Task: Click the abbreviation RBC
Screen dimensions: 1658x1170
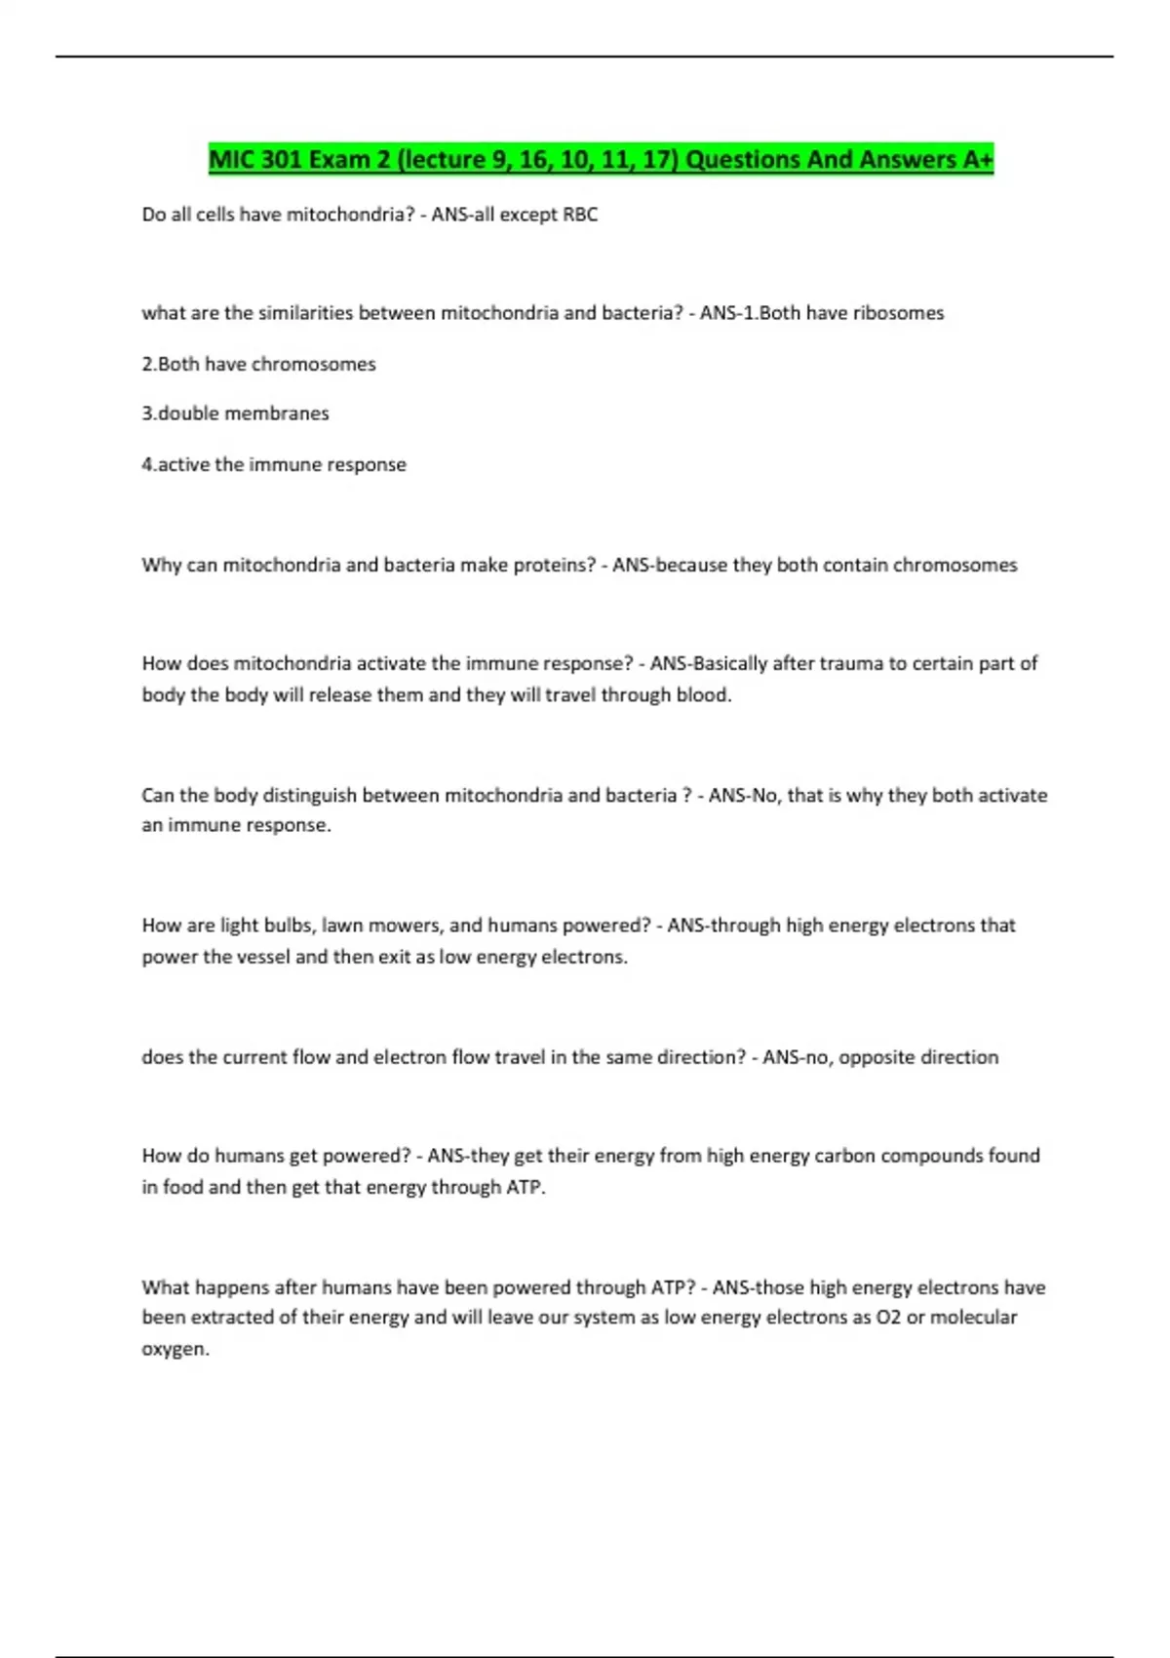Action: [580, 215]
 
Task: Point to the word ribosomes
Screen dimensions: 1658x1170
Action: [898, 313]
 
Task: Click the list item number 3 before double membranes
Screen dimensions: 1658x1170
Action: [147, 414]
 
